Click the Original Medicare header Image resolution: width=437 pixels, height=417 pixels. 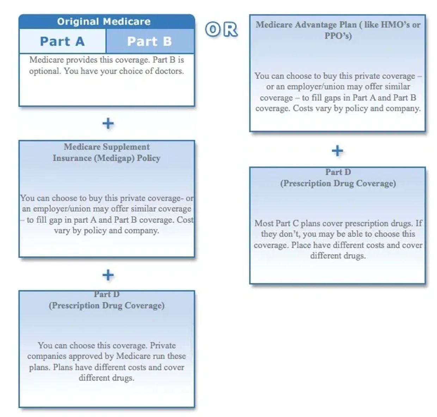pos(104,22)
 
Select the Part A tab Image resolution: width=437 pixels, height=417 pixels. pos(62,41)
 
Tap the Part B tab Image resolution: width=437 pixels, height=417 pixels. pos(149,41)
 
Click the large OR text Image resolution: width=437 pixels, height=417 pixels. pos(221,30)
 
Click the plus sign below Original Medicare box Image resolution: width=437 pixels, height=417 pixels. pos(108,123)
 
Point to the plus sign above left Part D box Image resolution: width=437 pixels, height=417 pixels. pos(108,275)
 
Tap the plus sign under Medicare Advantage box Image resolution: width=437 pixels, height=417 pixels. pos(337,151)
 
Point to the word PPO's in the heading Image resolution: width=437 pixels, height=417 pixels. pos(338,36)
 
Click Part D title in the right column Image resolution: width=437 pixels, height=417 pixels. pos(338,172)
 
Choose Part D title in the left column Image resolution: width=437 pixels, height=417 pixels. pos(106,294)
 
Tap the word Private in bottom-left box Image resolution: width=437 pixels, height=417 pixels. pos(163,345)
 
